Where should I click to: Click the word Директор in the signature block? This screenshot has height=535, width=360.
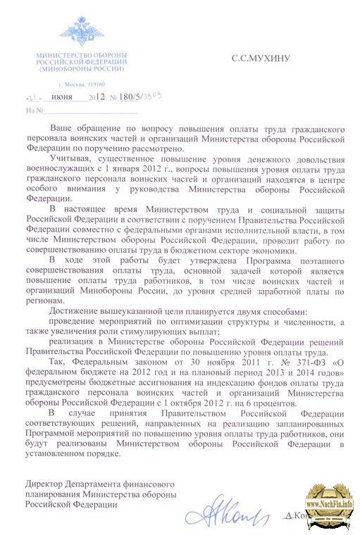click(44, 485)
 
